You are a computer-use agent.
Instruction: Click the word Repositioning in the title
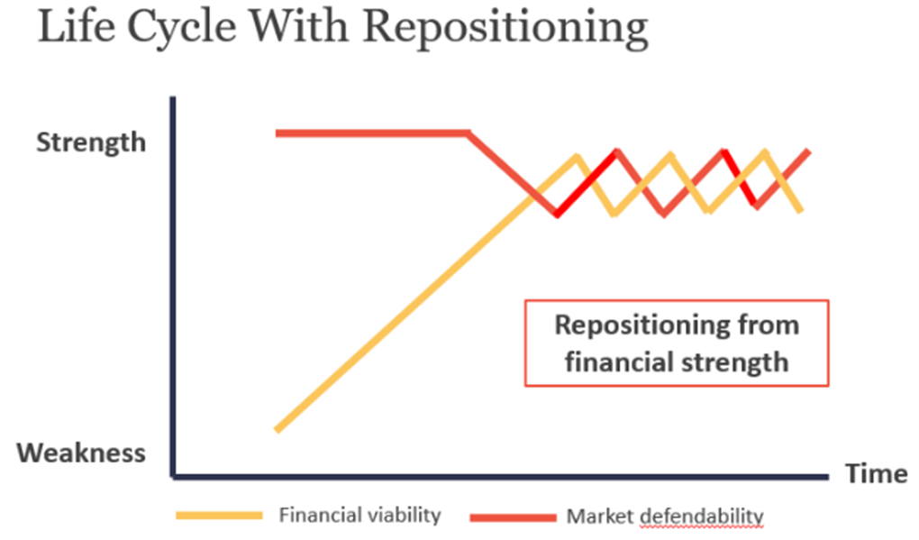tap(505, 28)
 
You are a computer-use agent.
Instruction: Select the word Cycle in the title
tap(182, 28)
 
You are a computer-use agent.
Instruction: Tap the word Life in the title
tap(77, 26)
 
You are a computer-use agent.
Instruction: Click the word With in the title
tap(299, 26)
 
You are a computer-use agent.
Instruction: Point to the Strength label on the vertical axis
tap(91, 142)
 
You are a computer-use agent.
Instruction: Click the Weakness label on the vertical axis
tap(81, 453)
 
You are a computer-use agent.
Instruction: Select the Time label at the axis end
tap(877, 473)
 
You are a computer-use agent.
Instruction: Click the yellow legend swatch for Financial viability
tap(219, 516)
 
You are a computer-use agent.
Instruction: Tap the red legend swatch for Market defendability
tap(513, 517)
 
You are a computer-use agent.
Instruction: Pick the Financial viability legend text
tap(359, 515)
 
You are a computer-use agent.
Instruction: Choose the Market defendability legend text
tap(665, 517)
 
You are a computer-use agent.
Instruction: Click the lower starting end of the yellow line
tap(278, 430)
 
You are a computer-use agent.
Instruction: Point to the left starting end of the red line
tap(278, 133)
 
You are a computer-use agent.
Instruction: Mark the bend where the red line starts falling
tap(467, 133)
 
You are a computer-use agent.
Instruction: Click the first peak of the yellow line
tap(578, 157)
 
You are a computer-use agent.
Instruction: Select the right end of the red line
tap(809, 151)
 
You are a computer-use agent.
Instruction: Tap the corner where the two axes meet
tap(174, 476)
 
